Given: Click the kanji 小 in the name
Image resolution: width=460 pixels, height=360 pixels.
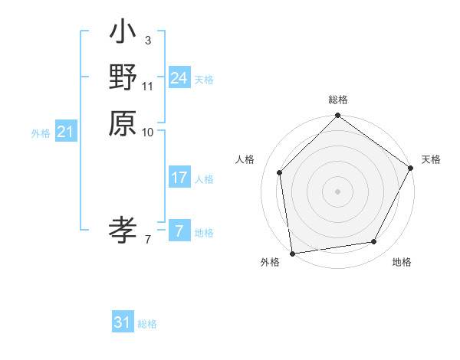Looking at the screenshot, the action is coord(123,34).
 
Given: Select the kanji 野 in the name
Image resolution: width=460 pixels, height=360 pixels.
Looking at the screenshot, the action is coord(123,77).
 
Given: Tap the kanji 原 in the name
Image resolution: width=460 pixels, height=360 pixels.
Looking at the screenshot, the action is coord(123,123).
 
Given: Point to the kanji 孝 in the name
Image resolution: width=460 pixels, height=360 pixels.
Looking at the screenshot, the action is coord(123,229).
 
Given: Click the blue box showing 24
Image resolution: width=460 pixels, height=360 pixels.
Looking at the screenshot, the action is coord(179,77).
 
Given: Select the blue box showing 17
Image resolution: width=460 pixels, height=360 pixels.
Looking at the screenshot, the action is coord(179,178).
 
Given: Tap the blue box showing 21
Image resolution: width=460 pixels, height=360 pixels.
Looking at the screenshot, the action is coord(65,132).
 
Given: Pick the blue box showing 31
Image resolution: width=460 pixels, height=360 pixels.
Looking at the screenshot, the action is coord(123,322).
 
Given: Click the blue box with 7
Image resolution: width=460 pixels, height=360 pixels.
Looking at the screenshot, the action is coord(179,231).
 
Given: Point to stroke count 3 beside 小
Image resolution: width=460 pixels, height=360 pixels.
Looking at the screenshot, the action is coord(147,40).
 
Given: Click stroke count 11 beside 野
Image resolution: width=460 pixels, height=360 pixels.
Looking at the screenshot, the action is coord(148,86).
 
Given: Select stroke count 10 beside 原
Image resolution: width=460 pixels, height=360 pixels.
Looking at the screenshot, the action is coord(148,132).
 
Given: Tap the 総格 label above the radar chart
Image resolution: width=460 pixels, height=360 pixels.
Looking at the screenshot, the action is coord(337,100).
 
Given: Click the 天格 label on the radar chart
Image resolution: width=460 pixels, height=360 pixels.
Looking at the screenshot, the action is coord(431,159).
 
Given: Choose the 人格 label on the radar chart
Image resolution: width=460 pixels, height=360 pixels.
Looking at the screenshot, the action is coord(245,159).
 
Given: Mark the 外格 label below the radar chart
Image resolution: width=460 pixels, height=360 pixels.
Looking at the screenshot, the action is coord(270,263).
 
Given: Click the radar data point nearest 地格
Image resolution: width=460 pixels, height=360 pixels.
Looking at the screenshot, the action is coord(374,242).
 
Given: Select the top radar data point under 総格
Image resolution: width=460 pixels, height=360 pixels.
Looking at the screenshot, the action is coord(337,116).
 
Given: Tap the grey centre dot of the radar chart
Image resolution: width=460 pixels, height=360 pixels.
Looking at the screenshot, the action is coord(337,191).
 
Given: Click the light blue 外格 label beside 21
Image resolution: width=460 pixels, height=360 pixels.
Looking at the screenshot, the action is coord(41,133).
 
